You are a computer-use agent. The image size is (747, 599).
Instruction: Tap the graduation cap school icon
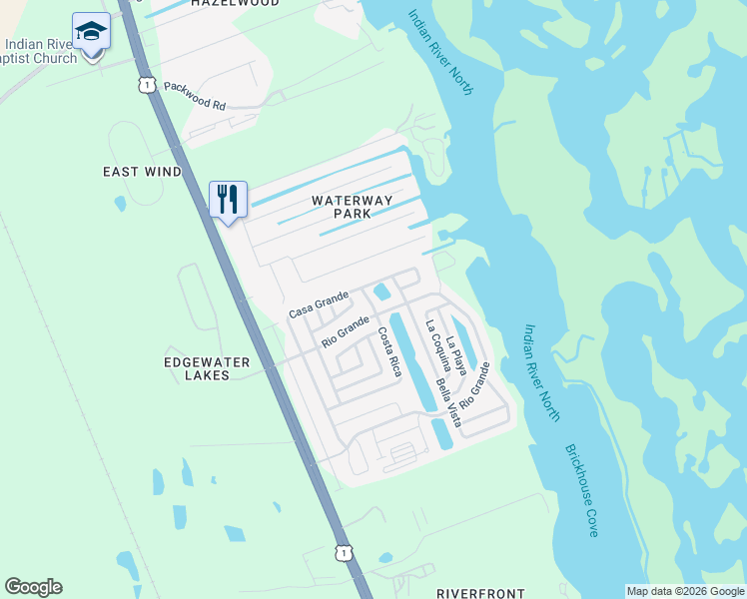pos(91,31)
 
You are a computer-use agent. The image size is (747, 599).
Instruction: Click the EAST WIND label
pos(143,172)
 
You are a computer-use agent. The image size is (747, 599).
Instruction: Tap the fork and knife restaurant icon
pos(228,199)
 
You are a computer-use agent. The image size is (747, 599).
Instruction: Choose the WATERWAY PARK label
pos(352,207)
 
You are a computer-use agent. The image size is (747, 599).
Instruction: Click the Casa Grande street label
pos(319,304)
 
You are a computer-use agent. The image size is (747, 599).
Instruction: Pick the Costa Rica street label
pos(388,352)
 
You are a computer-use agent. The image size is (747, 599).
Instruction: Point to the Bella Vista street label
pos(446,402)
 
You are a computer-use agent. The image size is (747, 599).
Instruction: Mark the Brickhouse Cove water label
pos(581,491)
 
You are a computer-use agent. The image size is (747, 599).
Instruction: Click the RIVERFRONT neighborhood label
pos(481,593)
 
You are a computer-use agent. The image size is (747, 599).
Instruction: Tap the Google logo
pos(33,587)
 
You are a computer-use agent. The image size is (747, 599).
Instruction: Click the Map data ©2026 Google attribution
pos(685,592)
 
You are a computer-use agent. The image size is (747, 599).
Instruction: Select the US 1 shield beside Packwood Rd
pos(147,87)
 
